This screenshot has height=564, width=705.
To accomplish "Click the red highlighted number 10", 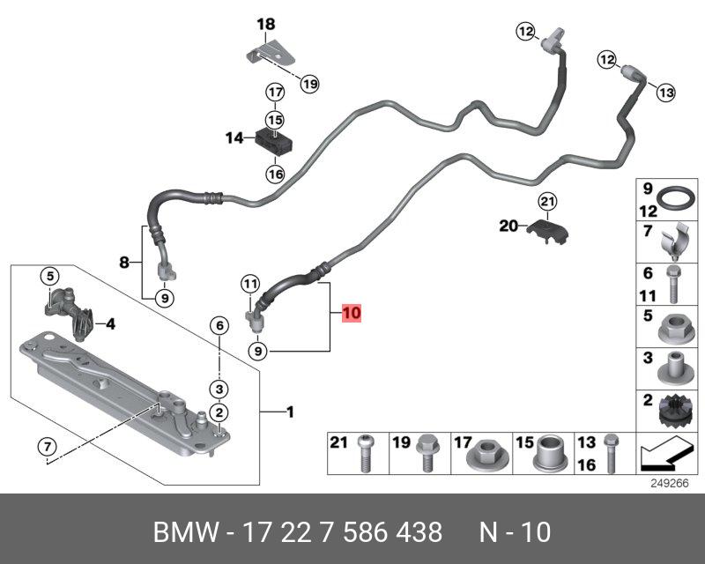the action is tap(352, 312).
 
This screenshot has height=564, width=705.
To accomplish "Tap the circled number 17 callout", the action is tap(275, 93).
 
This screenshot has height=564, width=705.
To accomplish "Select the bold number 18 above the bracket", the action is tap(266, 24).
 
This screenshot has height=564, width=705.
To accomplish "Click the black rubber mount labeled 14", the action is tap(274, 140).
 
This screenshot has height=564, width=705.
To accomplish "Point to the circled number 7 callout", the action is tap(48, 447).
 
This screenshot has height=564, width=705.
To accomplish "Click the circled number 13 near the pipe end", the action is tap(666, 93).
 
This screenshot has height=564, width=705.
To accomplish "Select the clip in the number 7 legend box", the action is tap(675, 241).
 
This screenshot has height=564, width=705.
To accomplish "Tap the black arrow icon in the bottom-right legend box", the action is tap(666, 455).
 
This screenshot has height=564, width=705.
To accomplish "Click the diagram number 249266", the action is tap(670, 484).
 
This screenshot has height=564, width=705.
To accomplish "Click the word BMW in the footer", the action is tap(186, 532).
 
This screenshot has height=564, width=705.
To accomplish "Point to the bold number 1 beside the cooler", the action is tap(291, 412).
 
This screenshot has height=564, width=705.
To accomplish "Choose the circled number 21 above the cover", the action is tap(547, 202).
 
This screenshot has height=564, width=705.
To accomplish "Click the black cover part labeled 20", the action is tap(548, 231).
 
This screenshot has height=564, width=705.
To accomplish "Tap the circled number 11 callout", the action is tap(250, 284).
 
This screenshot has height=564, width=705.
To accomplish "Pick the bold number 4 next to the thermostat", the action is tap(110, 323).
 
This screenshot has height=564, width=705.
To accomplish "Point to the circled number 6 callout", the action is tap(219, 325).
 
